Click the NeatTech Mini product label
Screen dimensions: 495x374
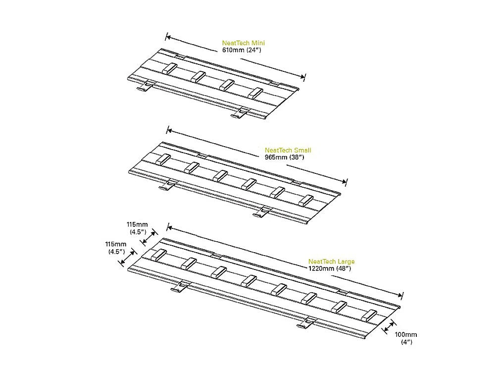[x=244, y=43]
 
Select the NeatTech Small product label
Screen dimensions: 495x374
[x=288, y=150]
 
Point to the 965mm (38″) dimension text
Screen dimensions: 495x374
[x=285, y=157]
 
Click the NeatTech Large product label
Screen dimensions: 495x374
[x=332, y=262]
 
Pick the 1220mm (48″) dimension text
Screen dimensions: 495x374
[x=330, y=268]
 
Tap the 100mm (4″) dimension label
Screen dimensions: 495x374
[x=406, y=338]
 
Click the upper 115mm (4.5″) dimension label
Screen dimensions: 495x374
[x=137, y=228]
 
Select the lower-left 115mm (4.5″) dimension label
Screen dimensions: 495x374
[x=115, y=248]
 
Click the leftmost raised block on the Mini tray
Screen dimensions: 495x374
[x=169, y=68]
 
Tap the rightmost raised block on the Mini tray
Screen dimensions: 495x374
[x=255, y=93]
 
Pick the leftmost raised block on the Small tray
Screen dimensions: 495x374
[x=162, y=160]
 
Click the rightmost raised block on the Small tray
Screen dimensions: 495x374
[x=305, y=201]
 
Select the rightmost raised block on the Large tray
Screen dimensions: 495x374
[x=369, y=315]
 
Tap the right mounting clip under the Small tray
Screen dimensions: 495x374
[x=262, y=212]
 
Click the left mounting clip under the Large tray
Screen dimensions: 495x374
[x=180, y=286]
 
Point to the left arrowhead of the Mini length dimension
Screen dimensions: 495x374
[x=168, y=37]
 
